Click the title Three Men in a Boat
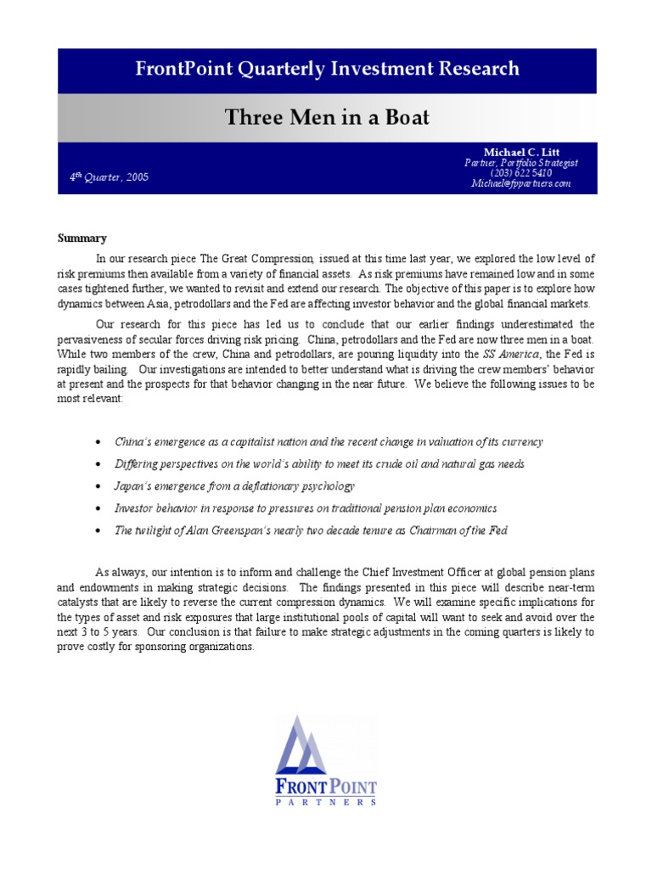point(327,117)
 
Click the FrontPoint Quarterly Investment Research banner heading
point(327,70)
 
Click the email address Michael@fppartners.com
point(520,183)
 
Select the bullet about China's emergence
point(329,442)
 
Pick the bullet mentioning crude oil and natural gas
point(319,464)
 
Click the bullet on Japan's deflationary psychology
point(234,486)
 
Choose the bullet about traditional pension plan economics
point(306,508)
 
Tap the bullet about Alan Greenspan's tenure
point(311,530)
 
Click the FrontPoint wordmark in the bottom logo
point(326,787)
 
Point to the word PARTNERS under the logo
point(326,801)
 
